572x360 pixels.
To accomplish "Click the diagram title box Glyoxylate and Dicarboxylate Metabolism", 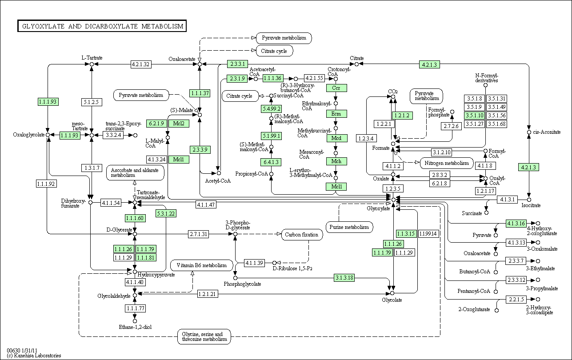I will click(101, 26).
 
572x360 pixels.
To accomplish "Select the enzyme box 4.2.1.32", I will click(141, 64).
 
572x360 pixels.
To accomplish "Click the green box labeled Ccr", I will click(336, 88).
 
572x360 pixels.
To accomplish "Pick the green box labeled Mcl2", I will click(179, 123).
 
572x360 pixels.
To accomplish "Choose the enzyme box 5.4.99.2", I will click(271, 108).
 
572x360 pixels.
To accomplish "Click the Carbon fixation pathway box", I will click(302, 234).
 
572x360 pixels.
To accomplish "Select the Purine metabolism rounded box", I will click(349, 227).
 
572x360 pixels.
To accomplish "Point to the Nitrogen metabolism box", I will click(446, 163).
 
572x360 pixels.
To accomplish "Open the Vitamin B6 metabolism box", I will click(201, 265).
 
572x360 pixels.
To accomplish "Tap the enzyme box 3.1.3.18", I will click(344, 278).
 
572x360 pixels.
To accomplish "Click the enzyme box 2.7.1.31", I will click(199, 234).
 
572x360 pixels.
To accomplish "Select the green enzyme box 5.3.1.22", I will click(166, 213).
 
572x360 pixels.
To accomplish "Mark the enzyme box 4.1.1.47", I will click(206, 204).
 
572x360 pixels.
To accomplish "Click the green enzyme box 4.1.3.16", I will click(516, 223).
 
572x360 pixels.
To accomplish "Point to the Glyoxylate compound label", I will click(378, 208).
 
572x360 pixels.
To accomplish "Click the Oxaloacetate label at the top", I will click(182, 59).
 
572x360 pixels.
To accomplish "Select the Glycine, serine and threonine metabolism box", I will click(204, 336).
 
